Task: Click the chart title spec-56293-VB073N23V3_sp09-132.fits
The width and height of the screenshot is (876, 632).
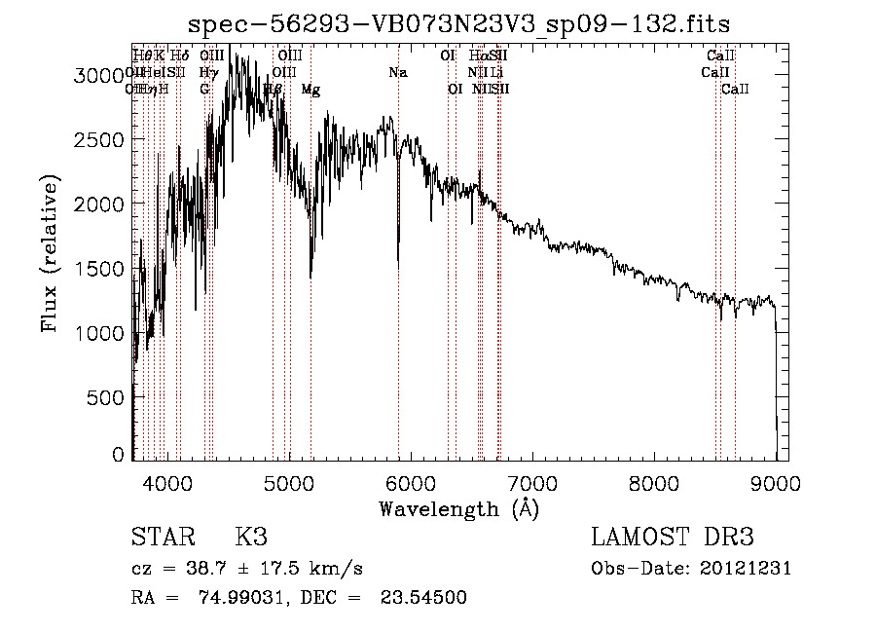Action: pyautogui.click(x=458, y=23)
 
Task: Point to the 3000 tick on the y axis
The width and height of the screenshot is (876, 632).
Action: pyautogui.click(x=98, y=76)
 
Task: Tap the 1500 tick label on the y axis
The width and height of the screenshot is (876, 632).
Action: pyautogui.click(x=98, y=269)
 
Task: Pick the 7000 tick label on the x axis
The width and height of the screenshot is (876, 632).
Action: pyautogui.click(x=532, y=482)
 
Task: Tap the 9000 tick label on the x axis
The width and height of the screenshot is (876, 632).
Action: pyautogui.click(x=776, y=482)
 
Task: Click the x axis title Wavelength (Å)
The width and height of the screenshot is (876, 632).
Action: pyautogui.click(x=458, y=508)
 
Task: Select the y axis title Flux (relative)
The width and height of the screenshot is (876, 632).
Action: pyautogui.click(x=51, y=253)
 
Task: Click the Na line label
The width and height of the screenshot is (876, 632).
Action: pyautogui.click(x=397, y=73)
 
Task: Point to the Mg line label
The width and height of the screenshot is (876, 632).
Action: pyautogui.click(x=310, y=90)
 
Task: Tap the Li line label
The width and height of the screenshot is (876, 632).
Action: pyautogui.click(x=496, y=73)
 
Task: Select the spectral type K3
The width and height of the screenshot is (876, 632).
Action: pyautogui.click(x=250, y=538)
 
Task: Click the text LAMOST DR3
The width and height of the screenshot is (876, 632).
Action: pyautogui.click(x=672, y=538)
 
